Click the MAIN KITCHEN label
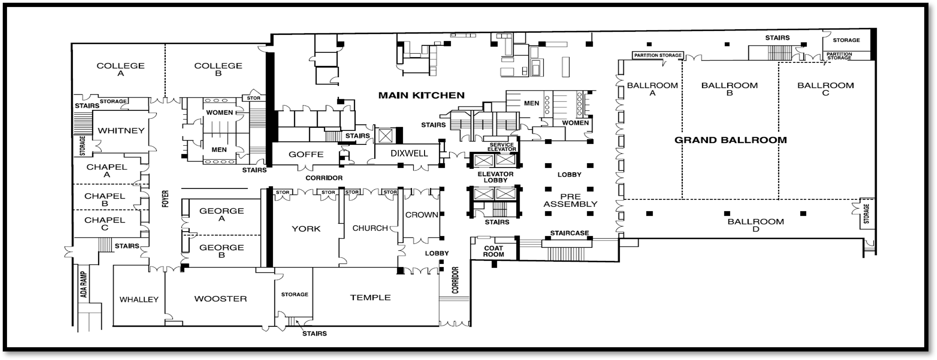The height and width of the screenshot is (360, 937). [421, 95]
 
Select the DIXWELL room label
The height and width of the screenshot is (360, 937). [409, 153]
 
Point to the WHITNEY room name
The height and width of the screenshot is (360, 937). [121, 131]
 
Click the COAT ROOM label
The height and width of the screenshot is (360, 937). [494, 251]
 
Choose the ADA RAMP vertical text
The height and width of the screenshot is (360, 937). [84, 284]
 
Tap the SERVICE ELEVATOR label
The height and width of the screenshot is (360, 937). [502, 147]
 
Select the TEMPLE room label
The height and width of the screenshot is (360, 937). [370, 298]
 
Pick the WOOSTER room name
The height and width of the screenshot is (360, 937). [220, 299]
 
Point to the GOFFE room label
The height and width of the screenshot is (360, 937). [306, 155]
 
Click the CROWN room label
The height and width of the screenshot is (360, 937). [422, 215]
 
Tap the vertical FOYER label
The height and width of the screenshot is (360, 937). [166, 198]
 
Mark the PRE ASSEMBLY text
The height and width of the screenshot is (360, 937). [570, 200]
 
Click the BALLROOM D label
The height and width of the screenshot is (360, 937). [755, 225]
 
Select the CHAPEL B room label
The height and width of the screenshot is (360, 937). [105, 200]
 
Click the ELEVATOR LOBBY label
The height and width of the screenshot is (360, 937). [495, 177]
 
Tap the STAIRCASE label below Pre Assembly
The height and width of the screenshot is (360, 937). [569, 233]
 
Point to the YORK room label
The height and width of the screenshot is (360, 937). [306, 229]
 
